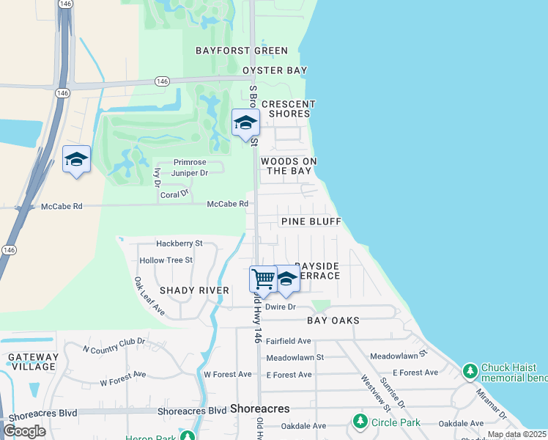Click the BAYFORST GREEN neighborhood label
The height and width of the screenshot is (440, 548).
click(241, 51)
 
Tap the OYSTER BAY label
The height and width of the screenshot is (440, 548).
click(275, 70)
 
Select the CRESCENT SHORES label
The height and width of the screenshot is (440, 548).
click(288, 109)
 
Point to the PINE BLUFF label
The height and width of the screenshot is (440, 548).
click(311, 221)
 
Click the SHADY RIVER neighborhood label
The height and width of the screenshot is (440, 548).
click(194, 290)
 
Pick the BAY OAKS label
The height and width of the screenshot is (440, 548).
click(333, 320)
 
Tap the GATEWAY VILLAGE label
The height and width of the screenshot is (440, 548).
click(32, 362)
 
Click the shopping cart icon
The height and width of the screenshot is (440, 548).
click(262, 278)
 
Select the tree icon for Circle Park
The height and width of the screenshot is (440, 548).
click(359, 421)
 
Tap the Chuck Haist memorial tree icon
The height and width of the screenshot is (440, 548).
click(470, 371)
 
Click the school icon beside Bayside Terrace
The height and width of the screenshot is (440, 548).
click(286, 278)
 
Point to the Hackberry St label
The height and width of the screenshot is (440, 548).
click(179, 243)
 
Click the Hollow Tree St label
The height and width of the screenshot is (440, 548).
click(166, 260)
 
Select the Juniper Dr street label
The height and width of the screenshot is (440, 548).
click(190, 173)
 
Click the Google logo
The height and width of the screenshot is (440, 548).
click(25, 430)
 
